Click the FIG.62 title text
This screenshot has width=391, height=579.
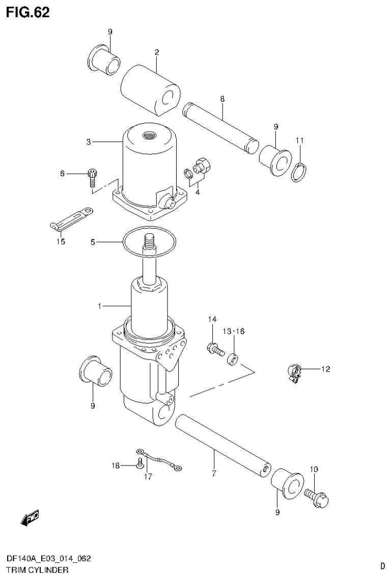coord(28,13)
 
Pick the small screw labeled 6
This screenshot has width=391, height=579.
coord(92,175)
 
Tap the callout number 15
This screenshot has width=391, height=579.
coord(60,241)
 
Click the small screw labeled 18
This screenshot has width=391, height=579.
coord(139,463)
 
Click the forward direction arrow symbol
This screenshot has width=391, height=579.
coord(30,518)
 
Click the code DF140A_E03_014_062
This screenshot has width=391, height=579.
coord(48,559)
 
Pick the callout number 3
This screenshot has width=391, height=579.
coord(89,142)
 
